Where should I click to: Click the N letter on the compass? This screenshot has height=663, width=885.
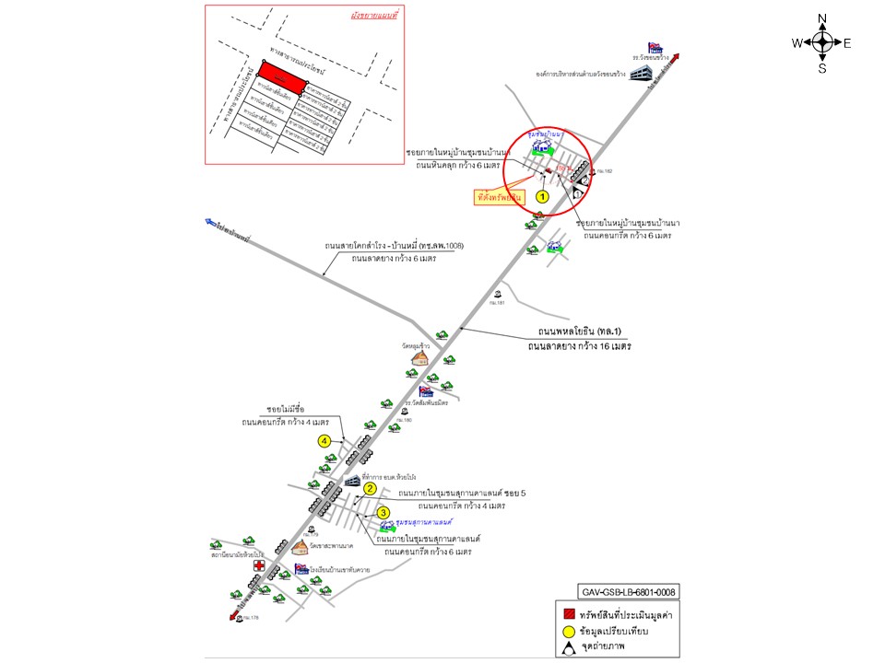822,19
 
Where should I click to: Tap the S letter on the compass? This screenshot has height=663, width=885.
822,67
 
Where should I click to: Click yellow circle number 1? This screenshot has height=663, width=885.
543,196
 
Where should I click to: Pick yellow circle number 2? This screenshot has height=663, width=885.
370,488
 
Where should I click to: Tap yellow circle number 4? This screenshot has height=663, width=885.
324,441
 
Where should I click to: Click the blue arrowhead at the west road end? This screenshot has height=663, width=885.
211,222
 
